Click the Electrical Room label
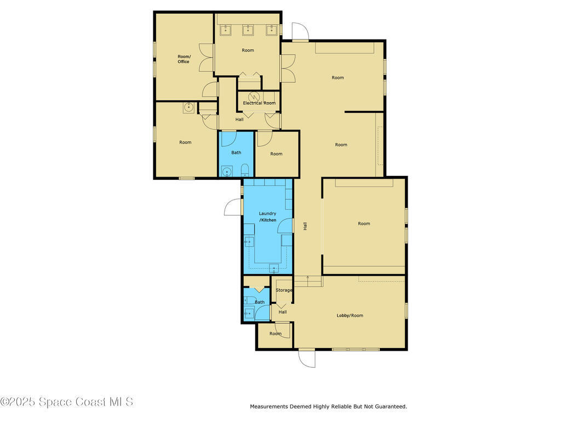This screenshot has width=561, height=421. click(x=259, y=103)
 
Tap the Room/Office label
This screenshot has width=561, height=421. click(x=184, y=59)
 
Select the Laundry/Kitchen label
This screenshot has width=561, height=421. click(x=268, y=217)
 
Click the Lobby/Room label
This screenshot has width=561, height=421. click(x=350, y=315)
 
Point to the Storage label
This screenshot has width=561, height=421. click(x=284, y=290)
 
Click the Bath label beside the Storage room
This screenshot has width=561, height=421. click(x=260, y=302)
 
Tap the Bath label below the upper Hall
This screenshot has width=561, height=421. click(x=236, y=152)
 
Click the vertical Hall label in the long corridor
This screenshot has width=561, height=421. click(x=305, y=225)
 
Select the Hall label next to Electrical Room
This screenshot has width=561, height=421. click(x=239, y=120)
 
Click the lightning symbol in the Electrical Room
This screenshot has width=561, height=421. click(x=253, y=96)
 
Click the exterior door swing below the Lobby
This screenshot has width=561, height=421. click(x=307, y=359)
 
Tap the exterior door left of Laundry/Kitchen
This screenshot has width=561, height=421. click(x=233, y=207)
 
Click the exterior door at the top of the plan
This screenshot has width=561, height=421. click(x=300, y=32)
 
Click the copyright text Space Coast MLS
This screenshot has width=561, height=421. click(x=67, y=402)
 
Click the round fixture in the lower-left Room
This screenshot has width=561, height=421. click(x=188, y=107)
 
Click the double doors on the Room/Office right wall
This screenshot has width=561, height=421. click(x=206, y=58)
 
